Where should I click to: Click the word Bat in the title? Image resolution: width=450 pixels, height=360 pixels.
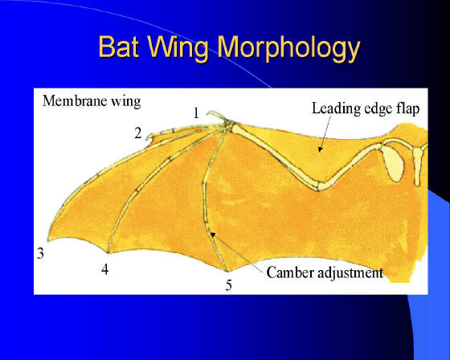pyautogui.click(x=119, y=47)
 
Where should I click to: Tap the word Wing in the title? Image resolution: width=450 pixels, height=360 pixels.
pyautogui.click(x=178, y=49)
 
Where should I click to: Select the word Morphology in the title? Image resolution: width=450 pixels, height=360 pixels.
pyautogui.click(x=288, y=49)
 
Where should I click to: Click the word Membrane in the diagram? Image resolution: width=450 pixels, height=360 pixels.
pyautogui.click(x=76, y=100)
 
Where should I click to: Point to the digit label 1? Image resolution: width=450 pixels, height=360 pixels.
pyautogui.click(x=196, y=112)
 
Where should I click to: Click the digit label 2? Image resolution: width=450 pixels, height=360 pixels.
pyautogui.click(x=138, y=133)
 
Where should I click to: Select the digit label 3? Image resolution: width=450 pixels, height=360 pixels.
pyautogui.click(x=40, y=253)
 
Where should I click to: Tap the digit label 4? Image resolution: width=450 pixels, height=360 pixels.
pyautogui.click(x=105, y=269)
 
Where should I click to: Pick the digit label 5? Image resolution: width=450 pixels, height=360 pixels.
pyautogui.click(x=228, y=285)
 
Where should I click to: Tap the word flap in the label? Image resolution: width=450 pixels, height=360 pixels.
pyautogui.click(x=407, y=109)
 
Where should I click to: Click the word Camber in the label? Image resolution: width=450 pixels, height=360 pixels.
pyautogui.click(x=290, y=272)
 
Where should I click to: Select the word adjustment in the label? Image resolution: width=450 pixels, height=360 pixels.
pyautogui.click(x=350, y=273)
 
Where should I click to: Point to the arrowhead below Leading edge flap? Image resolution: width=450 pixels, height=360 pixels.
pyautogui.click(x=321, y=149)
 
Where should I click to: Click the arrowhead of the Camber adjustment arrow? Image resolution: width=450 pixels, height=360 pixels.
pyautogui.click(x=212, y=234)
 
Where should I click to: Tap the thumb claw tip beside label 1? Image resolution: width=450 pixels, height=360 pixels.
pyautogui.click(x=207, y=114)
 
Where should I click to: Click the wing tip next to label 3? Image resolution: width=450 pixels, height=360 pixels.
pyautogui.click(x=48, y=240)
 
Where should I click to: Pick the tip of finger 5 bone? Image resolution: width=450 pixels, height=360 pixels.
pyautogui.click(x=228, y=271)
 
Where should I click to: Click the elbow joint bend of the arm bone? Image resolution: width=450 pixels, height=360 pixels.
pyautogui.click(x=318, y=186)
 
